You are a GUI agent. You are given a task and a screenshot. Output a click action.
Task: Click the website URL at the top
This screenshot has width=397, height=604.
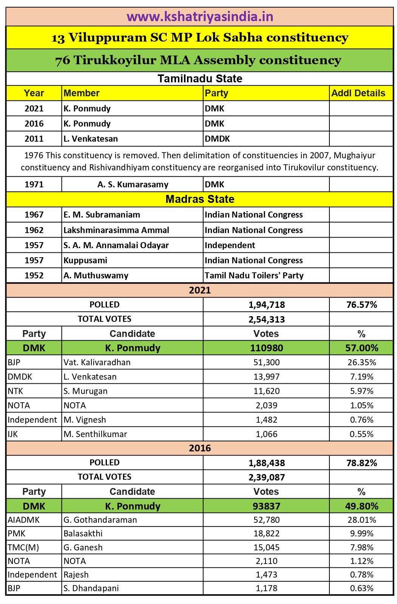[x=200, y=17]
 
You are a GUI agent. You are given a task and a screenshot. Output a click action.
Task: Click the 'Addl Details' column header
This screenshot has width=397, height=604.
[x=358, y=93]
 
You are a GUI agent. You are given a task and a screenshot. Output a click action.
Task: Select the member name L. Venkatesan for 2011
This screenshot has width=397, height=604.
[x=91, y=139]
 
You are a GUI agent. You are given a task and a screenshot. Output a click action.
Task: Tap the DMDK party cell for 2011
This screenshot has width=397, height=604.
[x=217, y=139]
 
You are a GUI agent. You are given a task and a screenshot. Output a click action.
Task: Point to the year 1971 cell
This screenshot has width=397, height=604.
[x=34, y=185]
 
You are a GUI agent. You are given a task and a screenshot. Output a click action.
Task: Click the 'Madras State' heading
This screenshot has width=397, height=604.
[x=200, y=199]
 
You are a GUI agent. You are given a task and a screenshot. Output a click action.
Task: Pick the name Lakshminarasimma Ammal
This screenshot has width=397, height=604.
[x=116, y=230]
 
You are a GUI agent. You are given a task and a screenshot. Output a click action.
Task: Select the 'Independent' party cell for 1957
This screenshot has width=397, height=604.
[x=230, y=245]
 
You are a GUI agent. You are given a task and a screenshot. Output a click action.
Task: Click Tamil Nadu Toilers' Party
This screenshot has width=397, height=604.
[x=254, y=275]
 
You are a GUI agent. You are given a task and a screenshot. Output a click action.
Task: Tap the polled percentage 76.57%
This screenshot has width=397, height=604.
[x=361, y=305]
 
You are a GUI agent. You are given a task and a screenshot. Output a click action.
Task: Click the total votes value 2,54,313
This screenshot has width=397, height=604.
[x=266, y=320]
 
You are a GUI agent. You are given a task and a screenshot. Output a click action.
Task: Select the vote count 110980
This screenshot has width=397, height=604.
[x=266, y=348]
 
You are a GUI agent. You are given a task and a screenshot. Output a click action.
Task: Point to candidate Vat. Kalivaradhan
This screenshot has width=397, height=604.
[x=97, y=363]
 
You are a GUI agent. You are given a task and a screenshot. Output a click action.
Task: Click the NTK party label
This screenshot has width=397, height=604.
[x=15, y=391]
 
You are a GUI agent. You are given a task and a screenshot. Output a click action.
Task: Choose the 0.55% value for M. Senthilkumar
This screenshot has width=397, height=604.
[x=361, y=434]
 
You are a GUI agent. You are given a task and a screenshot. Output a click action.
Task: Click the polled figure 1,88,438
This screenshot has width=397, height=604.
[x=266, y=463]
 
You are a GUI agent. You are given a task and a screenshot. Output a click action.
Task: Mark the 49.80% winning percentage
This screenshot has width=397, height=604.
[x=361, y=506]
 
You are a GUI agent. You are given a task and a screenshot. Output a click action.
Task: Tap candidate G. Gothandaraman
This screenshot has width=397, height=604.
[x=100, y=520]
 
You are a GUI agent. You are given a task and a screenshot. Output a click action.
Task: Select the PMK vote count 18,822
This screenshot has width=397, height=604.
[x=266, y=534]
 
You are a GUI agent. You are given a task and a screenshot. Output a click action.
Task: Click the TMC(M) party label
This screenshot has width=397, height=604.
[x=23, y=547]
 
